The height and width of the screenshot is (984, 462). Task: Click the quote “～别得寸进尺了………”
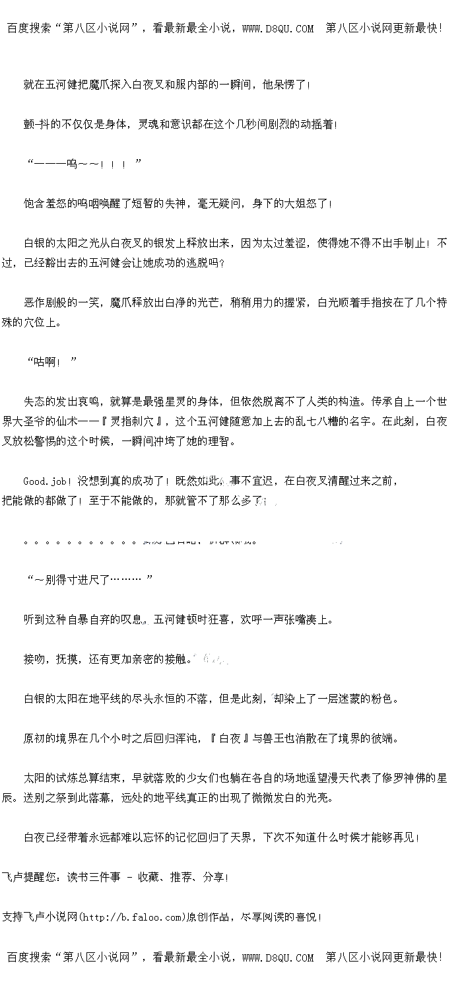90,580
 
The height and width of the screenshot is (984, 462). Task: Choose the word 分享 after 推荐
214,877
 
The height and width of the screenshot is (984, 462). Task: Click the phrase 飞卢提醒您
30,877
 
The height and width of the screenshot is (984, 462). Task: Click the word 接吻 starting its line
35,659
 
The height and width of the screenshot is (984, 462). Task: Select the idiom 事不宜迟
251,481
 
